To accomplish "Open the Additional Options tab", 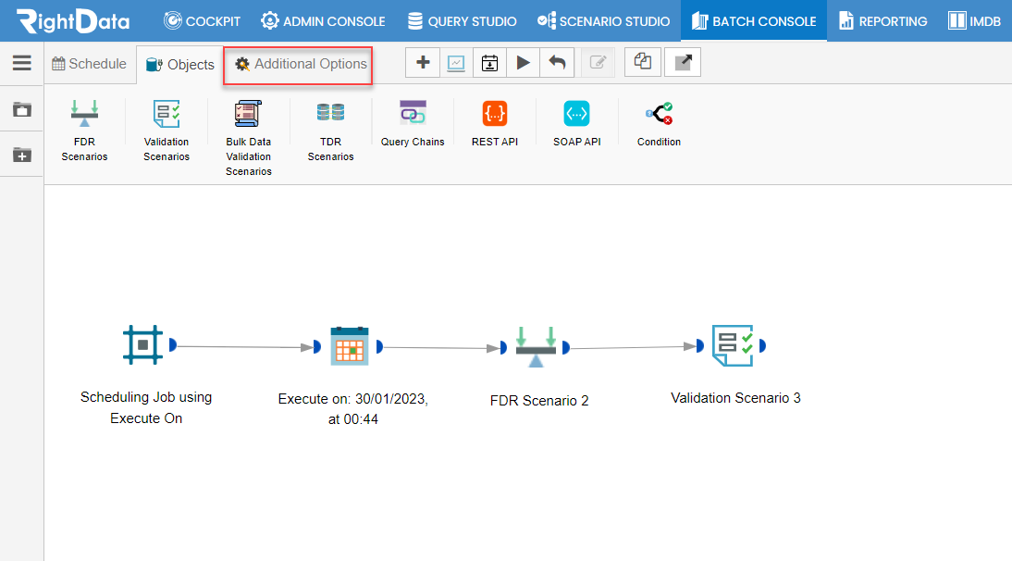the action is (301, 64).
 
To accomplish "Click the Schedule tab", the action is (89, 64).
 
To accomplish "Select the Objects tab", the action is (180, 65).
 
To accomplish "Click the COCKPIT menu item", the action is (202, 21).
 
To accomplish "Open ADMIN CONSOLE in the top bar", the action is (323, 21).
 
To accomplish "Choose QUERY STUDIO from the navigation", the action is (463, 21).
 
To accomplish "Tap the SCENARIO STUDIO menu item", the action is (603, 21).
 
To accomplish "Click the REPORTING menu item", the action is (882, 21).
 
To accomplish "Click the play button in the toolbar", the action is (524, 63).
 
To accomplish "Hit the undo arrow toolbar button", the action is (557, 63).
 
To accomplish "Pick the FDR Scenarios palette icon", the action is (84, 114).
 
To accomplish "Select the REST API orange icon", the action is (495, 114).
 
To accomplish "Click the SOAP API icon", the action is (577, 114).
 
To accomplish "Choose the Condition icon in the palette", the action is (659, 114).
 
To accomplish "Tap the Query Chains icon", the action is (413, 112).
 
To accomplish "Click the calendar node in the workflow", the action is (350, 346).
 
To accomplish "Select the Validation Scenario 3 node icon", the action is (734, 345).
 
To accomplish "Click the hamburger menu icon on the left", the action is (22, 63).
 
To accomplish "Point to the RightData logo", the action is (73, 21).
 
